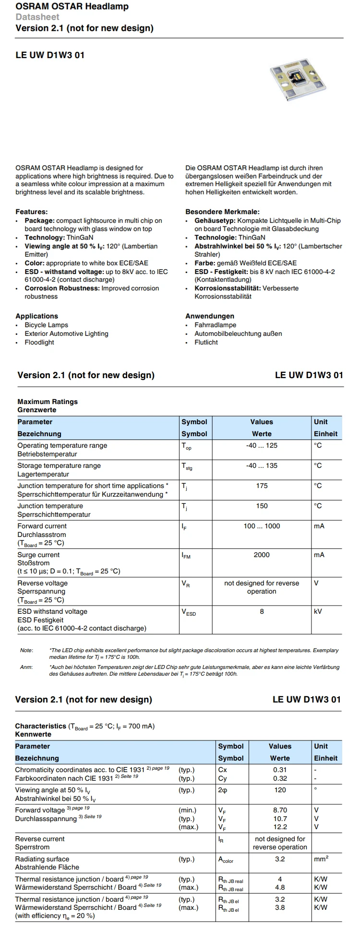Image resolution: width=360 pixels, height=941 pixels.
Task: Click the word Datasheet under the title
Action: [x=37, y=17]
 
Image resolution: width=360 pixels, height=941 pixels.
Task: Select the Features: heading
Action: [x=32, y=212]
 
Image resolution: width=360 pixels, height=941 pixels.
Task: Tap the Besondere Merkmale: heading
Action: [x=222, y=212]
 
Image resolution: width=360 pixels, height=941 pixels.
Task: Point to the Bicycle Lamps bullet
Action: [x=46, y=325]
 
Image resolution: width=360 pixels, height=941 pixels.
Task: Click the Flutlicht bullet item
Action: [x=206, y=342]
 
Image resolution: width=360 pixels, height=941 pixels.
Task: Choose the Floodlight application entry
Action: [x=39, y=342]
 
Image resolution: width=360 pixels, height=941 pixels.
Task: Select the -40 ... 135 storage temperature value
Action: [x=262, y=465]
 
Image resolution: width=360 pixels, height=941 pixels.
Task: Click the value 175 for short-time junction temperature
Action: [x=262, y=486]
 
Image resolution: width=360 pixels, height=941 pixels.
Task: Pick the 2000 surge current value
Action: [x=262, y=555]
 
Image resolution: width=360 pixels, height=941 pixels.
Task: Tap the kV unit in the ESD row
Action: [x=318, y=611]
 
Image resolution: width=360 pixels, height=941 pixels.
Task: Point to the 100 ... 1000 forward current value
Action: [x=262, y=526]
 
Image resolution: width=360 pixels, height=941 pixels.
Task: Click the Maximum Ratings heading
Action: [x=48, y=402]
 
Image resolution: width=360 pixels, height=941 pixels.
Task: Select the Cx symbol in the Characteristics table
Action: [x=222, y=770]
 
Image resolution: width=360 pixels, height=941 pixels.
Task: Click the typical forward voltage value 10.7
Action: [x=280, y=819]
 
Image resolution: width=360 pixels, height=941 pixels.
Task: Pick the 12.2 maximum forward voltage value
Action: [x=280, y=827]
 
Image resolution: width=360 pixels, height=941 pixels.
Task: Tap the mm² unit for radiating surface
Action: [x=321, y=859]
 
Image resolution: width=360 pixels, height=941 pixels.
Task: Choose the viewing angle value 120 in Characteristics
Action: [x=280, y=790]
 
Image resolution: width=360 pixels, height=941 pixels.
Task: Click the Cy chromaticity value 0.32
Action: [x=280, y=778]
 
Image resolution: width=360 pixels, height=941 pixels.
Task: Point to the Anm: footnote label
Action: [x=26, y=667]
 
